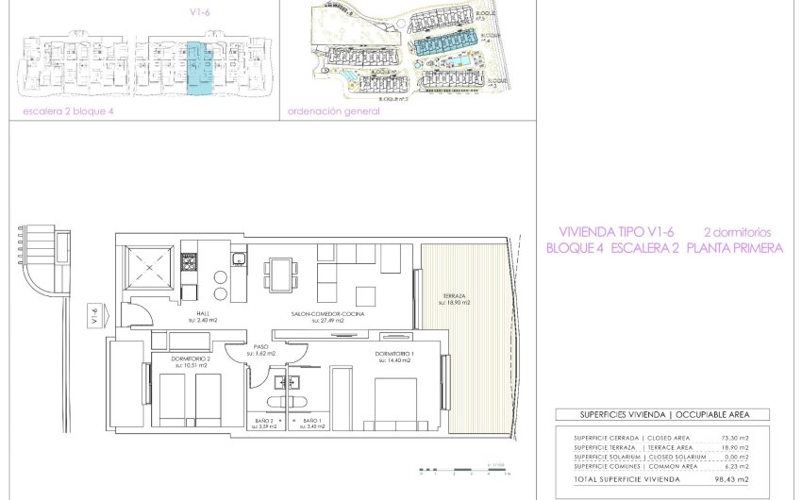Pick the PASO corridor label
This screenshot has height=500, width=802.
(262, 348)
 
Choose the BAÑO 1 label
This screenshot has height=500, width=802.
(312, 421)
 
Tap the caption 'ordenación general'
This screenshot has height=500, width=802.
(333, 111)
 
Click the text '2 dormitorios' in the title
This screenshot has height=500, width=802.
(737, 232)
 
